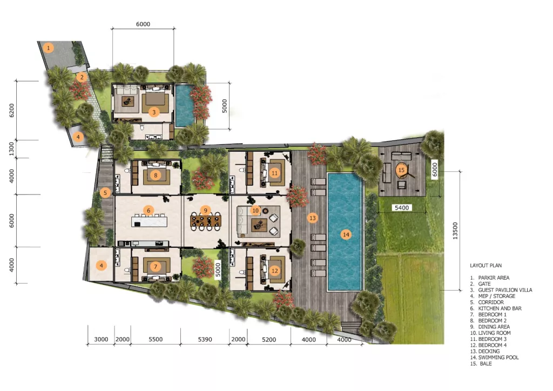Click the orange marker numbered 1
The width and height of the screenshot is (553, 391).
click(x=48, y=47)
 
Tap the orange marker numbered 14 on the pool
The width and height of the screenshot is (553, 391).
click(x=346, y=234)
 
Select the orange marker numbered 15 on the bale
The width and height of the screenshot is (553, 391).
click(x=401, y=170)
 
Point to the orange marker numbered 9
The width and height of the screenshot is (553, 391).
click(x=206, y=211)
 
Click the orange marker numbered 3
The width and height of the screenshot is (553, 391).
click(x=153, y=112)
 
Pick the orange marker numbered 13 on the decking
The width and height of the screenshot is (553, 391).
click(x=313, y=218)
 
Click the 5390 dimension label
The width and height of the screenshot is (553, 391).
click(x=205, y=339)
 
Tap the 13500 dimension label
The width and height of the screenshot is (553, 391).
click(x=455, y=231)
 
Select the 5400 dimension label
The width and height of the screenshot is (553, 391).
click(x=402, y=208)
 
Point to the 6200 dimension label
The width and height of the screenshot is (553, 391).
click(x=12, y=110)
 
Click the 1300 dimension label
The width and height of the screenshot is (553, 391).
click(x=12, y=149)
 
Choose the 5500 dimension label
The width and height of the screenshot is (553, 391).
click(x=156, y=339)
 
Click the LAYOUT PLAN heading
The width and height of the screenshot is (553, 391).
click(x=485, y=266)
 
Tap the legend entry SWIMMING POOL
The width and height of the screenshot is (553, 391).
click(x=498, y=357)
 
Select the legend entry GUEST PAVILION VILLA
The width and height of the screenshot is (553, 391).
click(x=505, y=290)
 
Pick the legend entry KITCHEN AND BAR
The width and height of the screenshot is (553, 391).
click(x=500, y=308)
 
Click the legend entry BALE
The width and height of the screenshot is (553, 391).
click(x=485, y=363)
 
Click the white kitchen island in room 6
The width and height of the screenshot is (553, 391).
click(x=150, y=222)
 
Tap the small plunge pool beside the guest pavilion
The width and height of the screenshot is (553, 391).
click(x=185, y=105)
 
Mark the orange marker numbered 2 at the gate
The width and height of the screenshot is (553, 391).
click(x=82, y=77)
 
